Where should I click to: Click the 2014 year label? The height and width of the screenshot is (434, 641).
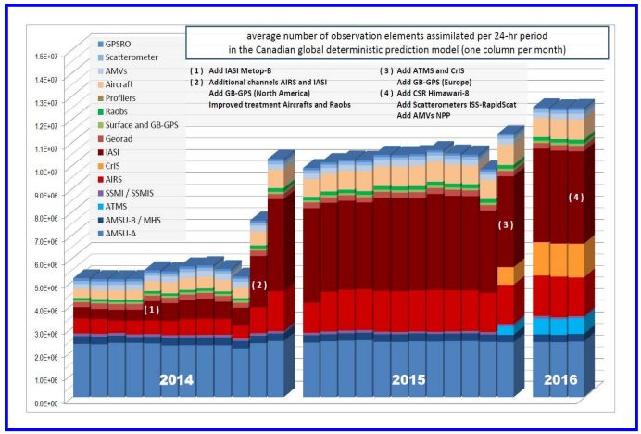tap(177, 379)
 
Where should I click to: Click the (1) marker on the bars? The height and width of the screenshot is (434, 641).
tap(152, 310)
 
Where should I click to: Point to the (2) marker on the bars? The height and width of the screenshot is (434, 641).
tap(259, 286)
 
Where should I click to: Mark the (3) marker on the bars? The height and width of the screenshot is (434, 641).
tap(506, 224)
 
